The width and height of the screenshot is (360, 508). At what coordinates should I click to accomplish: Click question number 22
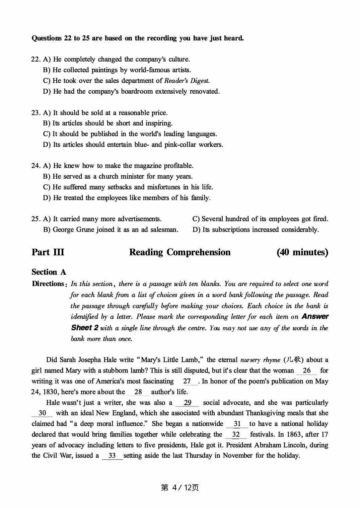point(35,60)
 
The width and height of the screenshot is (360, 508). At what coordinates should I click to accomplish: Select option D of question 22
point(131,91)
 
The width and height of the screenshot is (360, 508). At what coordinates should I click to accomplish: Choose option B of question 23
point(108,123)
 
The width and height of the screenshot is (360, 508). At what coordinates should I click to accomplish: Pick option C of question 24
point(128,187)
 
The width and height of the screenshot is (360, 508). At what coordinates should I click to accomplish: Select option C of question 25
point(260,219)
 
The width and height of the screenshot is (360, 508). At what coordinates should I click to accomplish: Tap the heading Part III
point(48,252)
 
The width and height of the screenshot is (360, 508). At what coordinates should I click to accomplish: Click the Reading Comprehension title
point(180,252)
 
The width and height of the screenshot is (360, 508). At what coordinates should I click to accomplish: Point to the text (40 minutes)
point(302,252)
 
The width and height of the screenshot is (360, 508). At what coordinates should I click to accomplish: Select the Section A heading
point(49,272)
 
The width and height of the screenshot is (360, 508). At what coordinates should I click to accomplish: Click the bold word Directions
point(48,284)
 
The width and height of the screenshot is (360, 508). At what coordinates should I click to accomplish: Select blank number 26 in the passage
point(306,370)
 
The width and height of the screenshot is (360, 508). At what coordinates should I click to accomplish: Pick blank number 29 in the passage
point(188,403)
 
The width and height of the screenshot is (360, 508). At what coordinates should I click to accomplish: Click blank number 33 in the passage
point(112,456)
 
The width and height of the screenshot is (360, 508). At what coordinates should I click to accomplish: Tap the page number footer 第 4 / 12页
point(180,488)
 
